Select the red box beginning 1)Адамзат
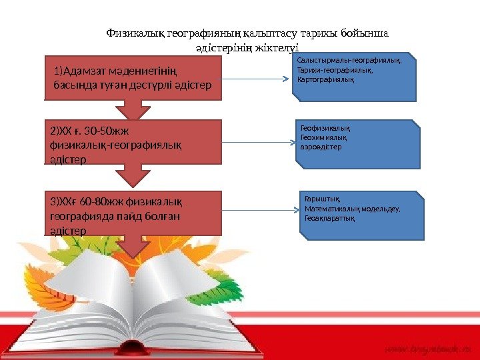[133, 77]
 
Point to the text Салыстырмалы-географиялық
[349, 60]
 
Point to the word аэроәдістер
[321, 147]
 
